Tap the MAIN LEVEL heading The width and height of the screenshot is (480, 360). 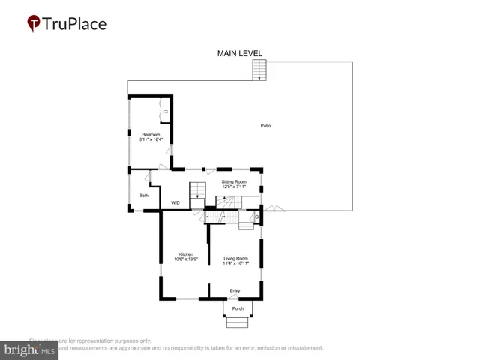click(x=240, y=53)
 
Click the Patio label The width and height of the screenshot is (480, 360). click(x=265, y=125)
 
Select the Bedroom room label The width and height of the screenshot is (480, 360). click(x=151, y=134)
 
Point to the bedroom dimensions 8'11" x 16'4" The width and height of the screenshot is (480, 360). click(x=151, y=139)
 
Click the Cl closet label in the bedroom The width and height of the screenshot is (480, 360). click(x=165, y=112)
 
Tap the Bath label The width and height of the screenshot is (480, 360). click(x=143, y=196)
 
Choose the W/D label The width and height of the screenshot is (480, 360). click(x=175, y=202)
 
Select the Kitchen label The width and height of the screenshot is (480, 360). click(x=185, y=254)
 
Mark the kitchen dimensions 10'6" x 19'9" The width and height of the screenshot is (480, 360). click(x=185, y=259)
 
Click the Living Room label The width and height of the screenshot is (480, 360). click(x=235, y=258)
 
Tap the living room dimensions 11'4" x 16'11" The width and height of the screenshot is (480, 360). click(x=235, y=263)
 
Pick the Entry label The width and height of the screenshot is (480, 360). click(x=235, y=290)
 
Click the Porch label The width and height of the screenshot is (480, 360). click(x=238, y=307)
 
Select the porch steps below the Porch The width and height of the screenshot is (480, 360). click(x=238, y=322)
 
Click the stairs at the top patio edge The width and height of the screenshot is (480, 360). click(x=259, y=70)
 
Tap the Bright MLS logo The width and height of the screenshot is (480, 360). click(x=31, y=349)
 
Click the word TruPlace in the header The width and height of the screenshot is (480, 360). click(x=76, y=24)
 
